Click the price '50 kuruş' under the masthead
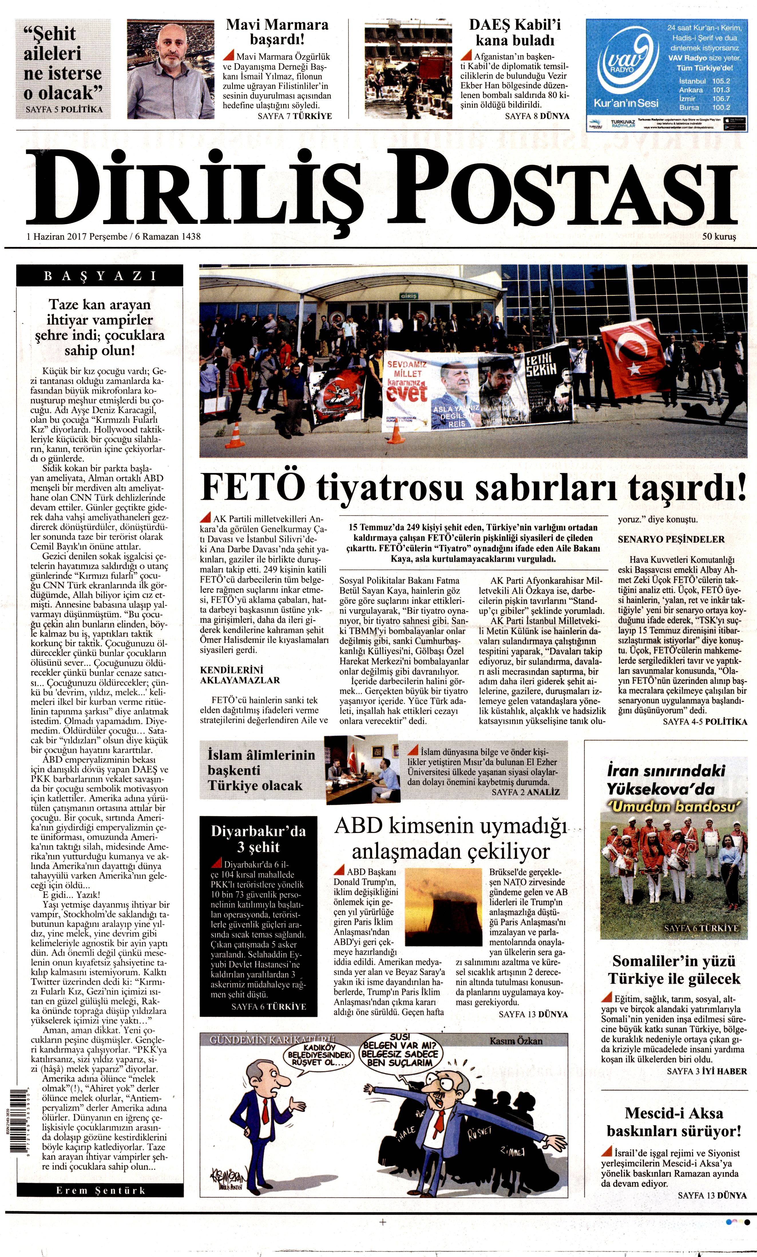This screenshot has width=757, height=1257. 719,237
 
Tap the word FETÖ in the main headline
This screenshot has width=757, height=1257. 250,488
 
